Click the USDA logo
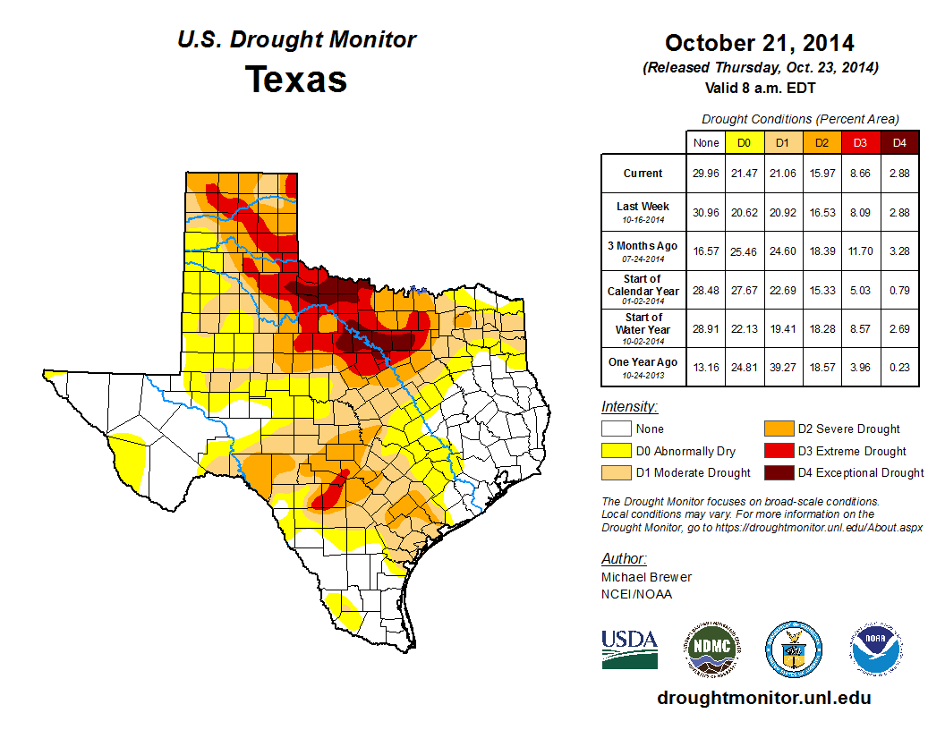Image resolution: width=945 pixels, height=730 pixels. coord(629,648)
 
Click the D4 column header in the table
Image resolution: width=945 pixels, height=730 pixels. coord(899,142)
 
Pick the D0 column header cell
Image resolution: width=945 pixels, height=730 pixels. coord(744,142)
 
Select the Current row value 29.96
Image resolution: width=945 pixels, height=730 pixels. coord(706,174)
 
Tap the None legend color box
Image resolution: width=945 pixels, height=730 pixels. coord(615,429)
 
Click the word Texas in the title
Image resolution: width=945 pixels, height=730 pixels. coord(296,79)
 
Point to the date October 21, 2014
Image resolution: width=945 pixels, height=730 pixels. coord(759,43)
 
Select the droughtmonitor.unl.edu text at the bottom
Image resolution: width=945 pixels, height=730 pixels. coord(763,698)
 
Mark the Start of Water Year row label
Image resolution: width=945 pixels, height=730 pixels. coord(643,327)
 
